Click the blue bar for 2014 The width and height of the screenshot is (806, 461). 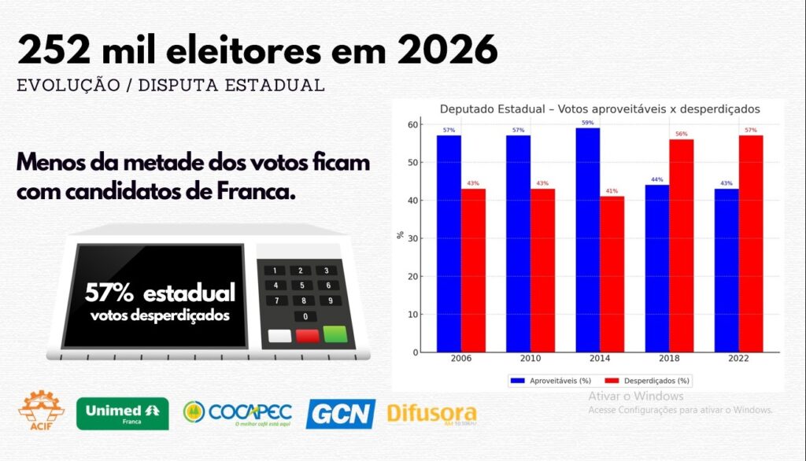click(x=587, y=239)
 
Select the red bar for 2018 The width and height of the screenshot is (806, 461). click(x=682, y=245)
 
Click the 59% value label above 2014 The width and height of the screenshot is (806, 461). click(x=587, y=123)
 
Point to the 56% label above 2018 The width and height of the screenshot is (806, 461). click(x=682, y=134)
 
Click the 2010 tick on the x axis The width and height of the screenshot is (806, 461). click(x=529, y=358)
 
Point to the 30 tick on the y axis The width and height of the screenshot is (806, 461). click(x=413, y=238)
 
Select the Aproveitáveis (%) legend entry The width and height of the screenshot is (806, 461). click(x=551, y=381)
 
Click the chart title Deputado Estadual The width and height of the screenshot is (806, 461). click(x=599, y=109)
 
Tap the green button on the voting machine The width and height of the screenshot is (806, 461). click(x=335, y=334)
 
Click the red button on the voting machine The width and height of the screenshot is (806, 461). click(x=307, y=336)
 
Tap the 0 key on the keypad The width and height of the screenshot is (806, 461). click(x=305, y=316)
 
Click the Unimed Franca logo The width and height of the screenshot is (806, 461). click(x=122, y=413)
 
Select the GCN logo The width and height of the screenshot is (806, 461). click(x=340, y=414)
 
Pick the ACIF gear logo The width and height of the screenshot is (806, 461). click(x=42, y=408)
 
